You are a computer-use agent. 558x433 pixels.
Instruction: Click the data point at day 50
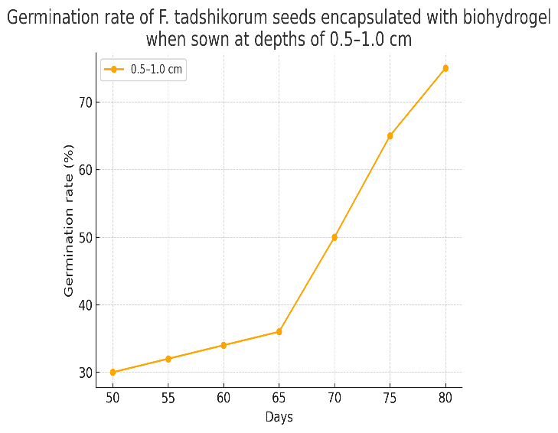click(x=113, y=373)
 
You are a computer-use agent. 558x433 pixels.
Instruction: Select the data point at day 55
click(x=168, y=359)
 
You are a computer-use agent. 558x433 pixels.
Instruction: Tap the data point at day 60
click(x=224, y=345)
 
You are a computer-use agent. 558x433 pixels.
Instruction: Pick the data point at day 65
click(x=279, y=332)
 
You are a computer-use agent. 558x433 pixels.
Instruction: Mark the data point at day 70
click(x=334, y=237)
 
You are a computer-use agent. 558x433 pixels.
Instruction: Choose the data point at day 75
click(x=390, y=136)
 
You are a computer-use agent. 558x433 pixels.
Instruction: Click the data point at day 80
click(x=445, y=68)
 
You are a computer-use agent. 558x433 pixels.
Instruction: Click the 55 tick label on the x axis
click(x=168, y=398)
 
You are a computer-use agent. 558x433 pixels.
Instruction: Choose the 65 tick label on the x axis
click(x=279, y=398)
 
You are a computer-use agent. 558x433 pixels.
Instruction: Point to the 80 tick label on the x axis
click(x=445, y=398)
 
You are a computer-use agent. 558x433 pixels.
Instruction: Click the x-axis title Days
click(x=279, y=417)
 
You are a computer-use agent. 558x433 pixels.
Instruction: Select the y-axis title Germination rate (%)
click(x=69, y=220)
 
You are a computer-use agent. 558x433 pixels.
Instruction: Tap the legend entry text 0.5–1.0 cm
click(x=157, y=70)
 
